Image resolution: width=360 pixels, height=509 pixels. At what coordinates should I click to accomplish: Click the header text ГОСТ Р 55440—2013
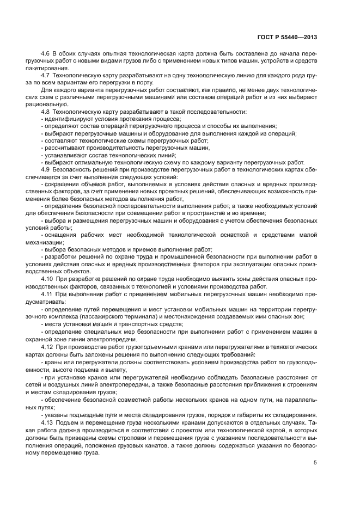pos(287,38)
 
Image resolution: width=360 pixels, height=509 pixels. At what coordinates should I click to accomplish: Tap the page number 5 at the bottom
pos(315,463)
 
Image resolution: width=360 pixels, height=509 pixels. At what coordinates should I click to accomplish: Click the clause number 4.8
pos(45,112)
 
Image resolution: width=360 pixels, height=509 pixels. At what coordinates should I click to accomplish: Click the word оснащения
pos(59,235)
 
